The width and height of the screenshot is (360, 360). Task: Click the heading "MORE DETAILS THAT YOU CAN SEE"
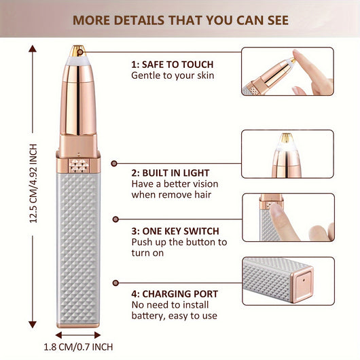[x=180, y=18]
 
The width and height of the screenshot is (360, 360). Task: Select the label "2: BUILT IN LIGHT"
[x=170, y=173]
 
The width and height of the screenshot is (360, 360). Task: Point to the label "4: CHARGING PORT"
[x=175, y=293]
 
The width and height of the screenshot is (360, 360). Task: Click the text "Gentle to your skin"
[x=173, y=75]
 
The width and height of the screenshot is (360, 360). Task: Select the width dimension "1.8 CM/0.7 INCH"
[x=77, y=347]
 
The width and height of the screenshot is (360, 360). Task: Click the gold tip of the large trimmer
[x=78, y=50]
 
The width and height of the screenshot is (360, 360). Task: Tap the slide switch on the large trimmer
[x=79, y=165]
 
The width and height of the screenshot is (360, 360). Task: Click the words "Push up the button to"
[x=179, y=242]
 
